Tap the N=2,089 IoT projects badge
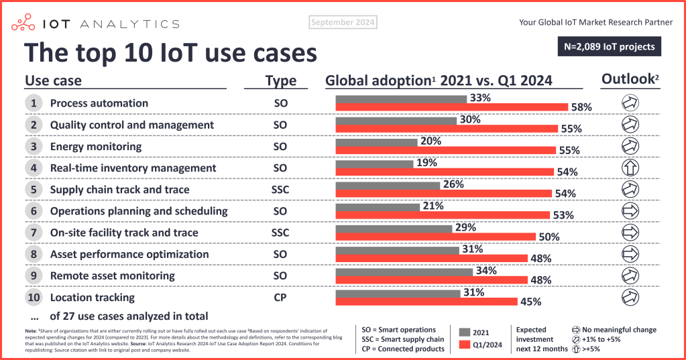(x=610, y=47)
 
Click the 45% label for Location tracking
(x=531, y=302)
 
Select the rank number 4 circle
(x=33, y=168)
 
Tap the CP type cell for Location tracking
(x=280, y=297)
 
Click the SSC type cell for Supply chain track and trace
(x=280, y=190)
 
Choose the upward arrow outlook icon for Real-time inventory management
(x=630, y=168)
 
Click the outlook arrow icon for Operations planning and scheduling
(x=630, y=211)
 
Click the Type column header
(x=280, y=81)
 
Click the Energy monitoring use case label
(x=95, y=147)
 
